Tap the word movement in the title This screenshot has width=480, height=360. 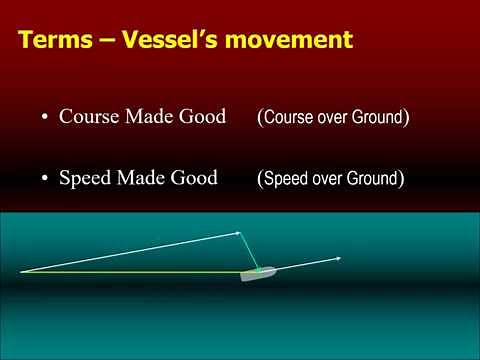coord(292,41)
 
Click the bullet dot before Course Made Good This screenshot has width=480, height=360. coord(45,118)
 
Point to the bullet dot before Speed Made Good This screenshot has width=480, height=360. coord(45,180)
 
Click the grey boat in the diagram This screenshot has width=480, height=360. coord(256,272)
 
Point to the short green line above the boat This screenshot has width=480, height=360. coord(251,250)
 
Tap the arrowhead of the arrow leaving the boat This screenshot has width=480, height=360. coord(339,258)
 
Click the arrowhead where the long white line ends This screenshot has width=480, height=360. coord(238,233)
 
